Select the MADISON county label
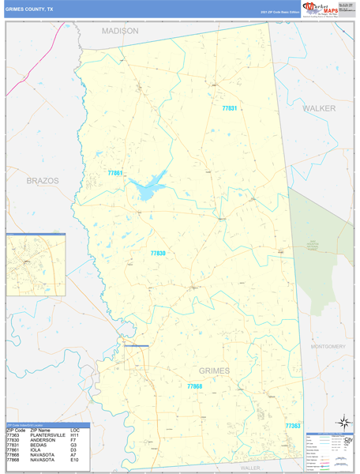tap(120, 31)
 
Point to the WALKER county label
tap(319, 107)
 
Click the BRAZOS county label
tap(43, 181)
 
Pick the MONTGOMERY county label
tap(328, 346)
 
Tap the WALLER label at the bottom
tap(250, 468)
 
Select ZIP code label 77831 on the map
tap(229, 108)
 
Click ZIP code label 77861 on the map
tap(115, 173)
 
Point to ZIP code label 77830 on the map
tap(158, 254)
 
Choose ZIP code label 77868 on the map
tap(195, 386)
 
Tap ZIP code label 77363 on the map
tap(293, 426)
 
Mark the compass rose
tap(343, 422)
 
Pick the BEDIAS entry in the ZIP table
tap(39, 445)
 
